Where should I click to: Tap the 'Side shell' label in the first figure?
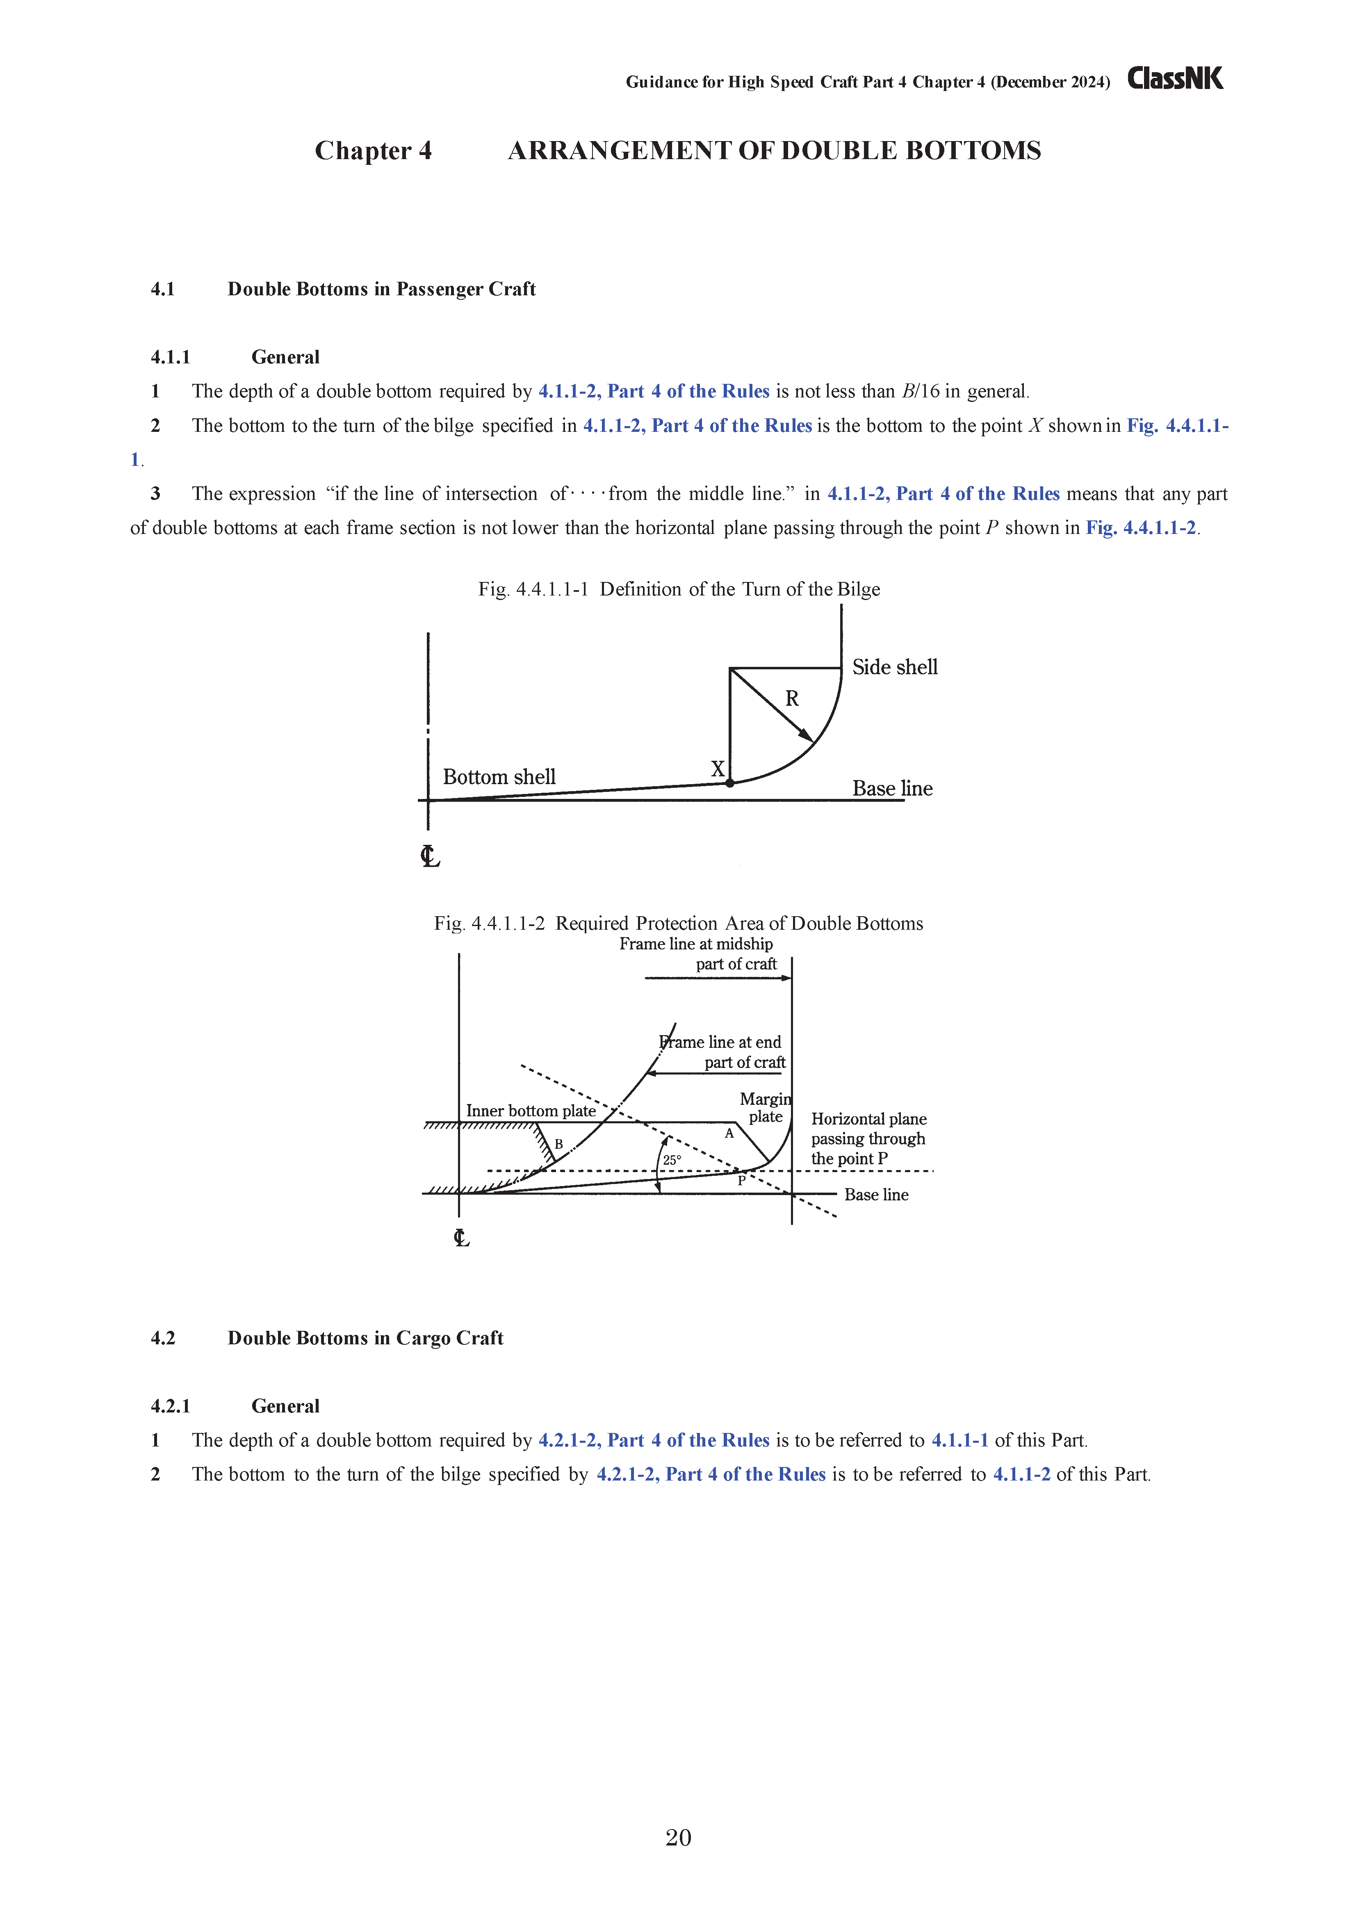pos(894,667)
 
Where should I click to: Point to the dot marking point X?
pos(730,782)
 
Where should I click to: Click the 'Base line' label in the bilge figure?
pos(892,788)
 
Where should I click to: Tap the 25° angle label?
pos(672,1160)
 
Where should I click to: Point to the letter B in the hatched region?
pos(558,1144)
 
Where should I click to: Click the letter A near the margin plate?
pos(729,1133)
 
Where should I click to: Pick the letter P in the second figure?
pos(741,1181)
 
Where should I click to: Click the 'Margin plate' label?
pos(765,1108)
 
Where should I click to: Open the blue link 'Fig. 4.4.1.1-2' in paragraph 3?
pos(1141,528)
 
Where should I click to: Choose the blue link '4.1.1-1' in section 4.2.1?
pos(959,1440)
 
